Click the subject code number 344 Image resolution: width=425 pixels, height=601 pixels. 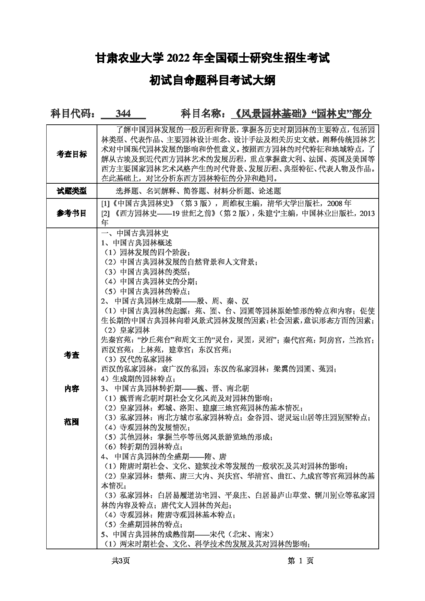123,113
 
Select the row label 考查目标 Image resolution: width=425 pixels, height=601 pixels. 72,154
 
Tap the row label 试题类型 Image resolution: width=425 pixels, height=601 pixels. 72,191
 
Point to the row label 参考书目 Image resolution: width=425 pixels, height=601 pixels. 72,213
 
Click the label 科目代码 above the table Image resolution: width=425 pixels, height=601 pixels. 73,113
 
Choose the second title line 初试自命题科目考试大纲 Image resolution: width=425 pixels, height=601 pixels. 212,81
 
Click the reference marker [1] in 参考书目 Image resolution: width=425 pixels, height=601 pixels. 105,204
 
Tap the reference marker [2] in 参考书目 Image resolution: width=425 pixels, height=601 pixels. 105,213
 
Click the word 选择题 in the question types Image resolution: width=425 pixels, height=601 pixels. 127,191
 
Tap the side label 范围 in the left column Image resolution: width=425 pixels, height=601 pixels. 72,422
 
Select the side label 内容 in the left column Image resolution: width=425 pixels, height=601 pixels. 72,389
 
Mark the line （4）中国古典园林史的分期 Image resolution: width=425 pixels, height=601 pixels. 150,282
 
